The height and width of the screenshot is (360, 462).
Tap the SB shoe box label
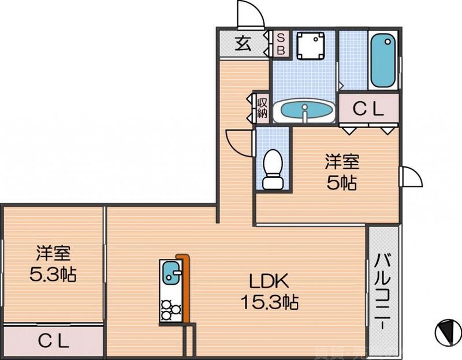pos(281,44)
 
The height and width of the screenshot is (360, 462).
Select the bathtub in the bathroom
pos(382,60)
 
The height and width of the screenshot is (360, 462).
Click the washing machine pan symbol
pos(310,45)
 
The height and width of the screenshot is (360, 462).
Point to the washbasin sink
pos(303,110)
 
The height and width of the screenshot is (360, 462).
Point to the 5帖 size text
pos(340,184)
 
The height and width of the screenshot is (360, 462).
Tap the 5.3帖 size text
pos(53,273)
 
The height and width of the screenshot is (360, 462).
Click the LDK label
pos(269,281)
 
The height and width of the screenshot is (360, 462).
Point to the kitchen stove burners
pos(170,309)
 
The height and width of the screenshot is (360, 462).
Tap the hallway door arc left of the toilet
pos(238,140)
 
